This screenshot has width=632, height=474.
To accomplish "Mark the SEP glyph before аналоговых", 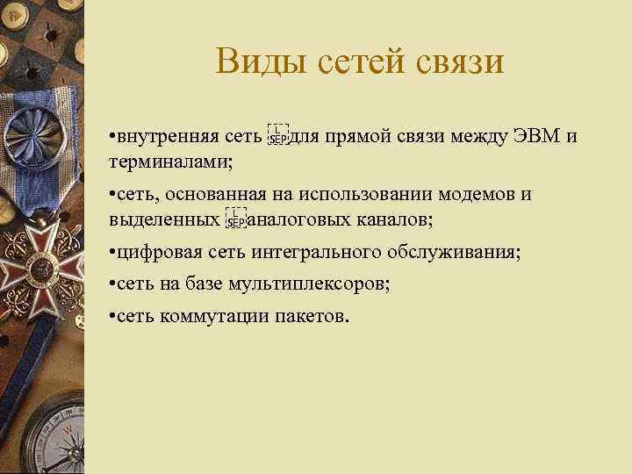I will (235, 219).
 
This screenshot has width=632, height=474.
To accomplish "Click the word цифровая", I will (159, 253).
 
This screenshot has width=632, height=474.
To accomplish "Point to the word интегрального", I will (317, 253).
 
